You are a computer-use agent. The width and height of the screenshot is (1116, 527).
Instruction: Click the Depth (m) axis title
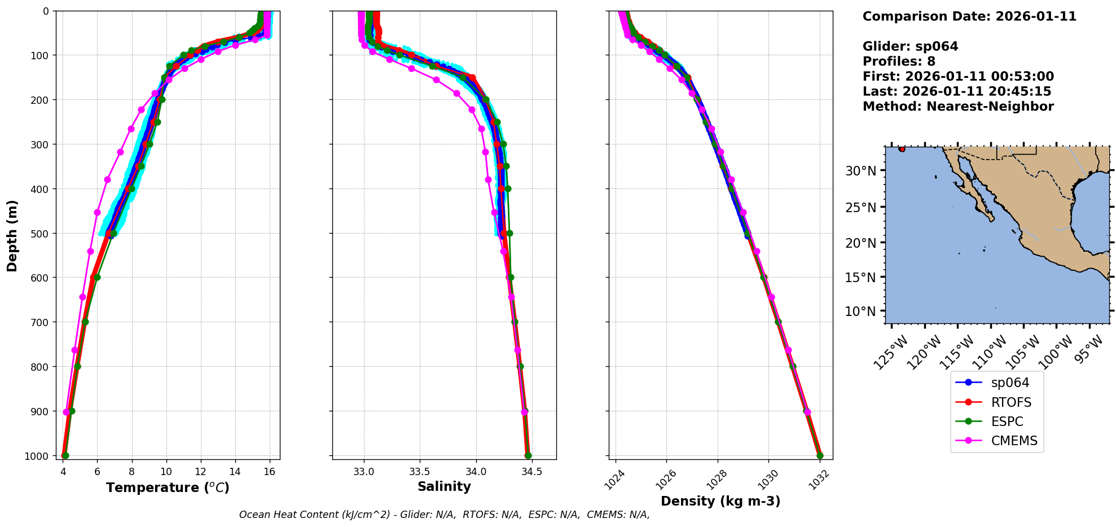[12, 235]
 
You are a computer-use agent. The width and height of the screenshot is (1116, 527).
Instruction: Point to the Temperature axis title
[168, 488]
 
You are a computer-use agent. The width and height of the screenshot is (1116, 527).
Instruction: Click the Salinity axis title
[444, 486]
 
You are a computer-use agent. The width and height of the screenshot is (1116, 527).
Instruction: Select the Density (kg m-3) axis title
[720, 501]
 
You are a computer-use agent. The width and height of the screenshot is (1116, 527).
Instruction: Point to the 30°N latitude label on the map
[860, 170]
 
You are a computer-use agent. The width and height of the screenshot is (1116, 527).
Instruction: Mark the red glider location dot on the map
[902, 149]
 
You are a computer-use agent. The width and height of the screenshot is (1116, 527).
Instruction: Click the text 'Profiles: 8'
[899, 62]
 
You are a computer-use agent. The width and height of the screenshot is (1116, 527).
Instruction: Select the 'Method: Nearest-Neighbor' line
[958, 107]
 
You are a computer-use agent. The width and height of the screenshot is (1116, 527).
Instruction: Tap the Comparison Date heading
[969, 16]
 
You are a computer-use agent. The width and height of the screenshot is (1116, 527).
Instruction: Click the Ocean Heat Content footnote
[444, 515]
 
